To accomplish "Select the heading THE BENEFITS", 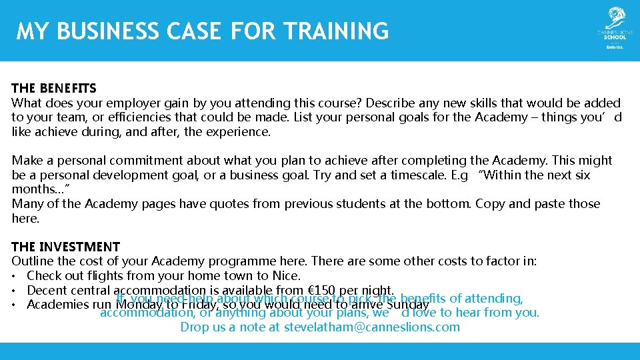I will pos(54,88).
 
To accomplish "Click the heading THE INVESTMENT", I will pos(66,247).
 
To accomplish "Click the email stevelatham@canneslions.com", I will pos(372,327).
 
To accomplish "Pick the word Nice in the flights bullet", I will pos(287,275).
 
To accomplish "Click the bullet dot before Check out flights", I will pos(15,275).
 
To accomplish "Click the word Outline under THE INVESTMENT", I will pos(33,261).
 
